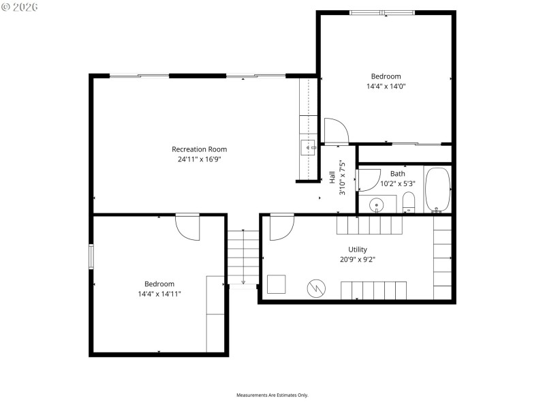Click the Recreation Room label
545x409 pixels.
pos(199,149)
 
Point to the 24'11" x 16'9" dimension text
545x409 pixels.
pos(199,159)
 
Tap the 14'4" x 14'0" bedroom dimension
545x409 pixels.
pos(386,87)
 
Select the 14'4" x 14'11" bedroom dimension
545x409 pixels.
pos(159,294)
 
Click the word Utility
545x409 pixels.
pos(358,249)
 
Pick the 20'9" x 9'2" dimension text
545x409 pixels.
pos(358,259)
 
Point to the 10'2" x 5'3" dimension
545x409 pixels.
pos(397,183)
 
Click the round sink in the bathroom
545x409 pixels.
pos(376,204)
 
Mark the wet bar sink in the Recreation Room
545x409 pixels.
pos(308,147)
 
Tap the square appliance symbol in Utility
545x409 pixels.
pos(277,284)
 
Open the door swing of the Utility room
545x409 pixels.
pos(281,228)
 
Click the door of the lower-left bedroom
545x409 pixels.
pos(187,227)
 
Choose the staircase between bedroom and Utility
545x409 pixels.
pos(243,258)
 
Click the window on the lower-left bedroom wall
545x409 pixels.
pos(91,256)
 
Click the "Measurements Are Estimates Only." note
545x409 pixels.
pos(272,395)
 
